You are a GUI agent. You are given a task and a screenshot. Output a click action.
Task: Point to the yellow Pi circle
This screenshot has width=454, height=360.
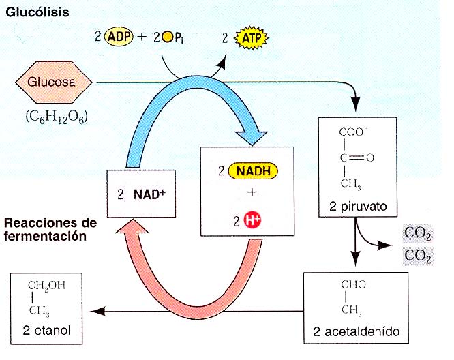(168, 38)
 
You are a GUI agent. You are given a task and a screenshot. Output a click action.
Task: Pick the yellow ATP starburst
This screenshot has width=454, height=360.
(250, 39)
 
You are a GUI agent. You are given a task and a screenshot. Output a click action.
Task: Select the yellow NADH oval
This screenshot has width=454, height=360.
(252, 170)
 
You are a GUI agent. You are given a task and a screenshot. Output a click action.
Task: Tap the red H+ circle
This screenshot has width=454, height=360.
(253, 219)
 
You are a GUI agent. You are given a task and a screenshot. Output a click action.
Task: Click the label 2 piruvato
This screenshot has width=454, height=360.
(357, 205)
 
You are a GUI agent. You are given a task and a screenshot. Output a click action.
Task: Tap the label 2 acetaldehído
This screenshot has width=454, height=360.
(358, 332)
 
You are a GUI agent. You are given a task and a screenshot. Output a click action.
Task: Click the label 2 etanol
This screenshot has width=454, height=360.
(50, 331)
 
